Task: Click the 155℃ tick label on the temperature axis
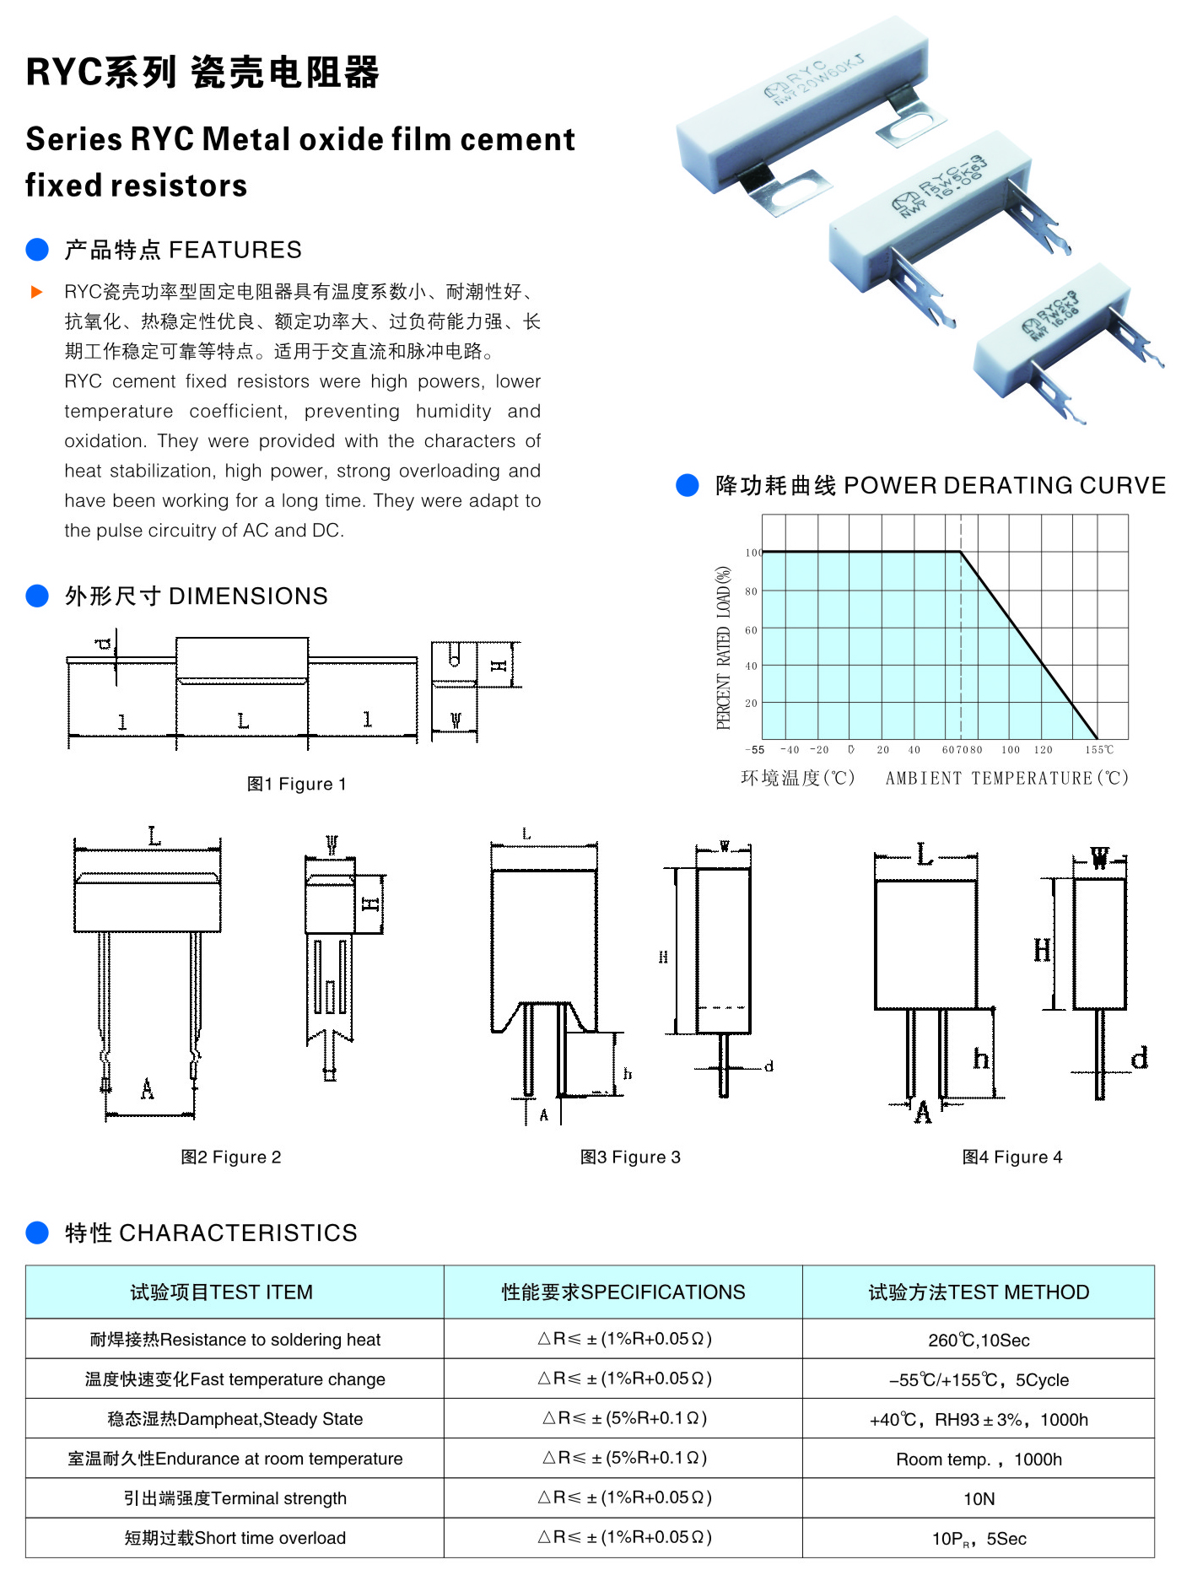click(x=1098, y=749)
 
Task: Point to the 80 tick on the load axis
click(x=751, y=591)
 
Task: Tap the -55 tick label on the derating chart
click(x=755, y=749)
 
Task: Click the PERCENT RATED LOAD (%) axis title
click(x=724, y=647)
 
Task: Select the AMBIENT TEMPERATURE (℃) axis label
click(x=1006, y=778)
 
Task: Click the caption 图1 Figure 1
click(x=296, y=784)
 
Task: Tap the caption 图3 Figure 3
click(x=630, y=1157)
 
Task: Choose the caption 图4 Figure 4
click(x=1012, y=1157)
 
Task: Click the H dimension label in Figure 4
click(x=1043, y=951)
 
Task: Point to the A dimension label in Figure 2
click(x=147, y=1089)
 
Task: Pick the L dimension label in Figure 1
click(x=243, y=720)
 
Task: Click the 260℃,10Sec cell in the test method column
click(x=979, y=1340)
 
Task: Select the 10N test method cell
click(x=979, y=1498)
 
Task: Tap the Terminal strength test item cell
click(x=235, y=1498)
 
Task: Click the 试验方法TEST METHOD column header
click(x=979, y=1292)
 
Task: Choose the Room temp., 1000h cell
click(x=979, y=1459)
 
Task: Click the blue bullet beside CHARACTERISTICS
click(x=37, y=1233)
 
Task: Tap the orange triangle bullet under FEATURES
click(x=36, y=292)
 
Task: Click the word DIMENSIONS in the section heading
click(x=248, y=596)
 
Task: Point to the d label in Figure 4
click(x=1139, y=1058)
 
